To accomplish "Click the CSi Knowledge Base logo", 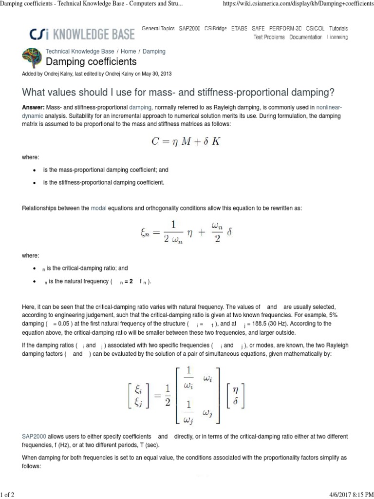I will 82,34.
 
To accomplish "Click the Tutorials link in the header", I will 338,29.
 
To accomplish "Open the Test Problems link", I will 269,37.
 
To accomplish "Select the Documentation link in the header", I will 305,37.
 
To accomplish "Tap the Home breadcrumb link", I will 129,51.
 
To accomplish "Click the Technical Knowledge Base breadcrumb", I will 80,51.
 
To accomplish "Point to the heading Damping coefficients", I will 91,62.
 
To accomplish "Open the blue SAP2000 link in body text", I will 34,436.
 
